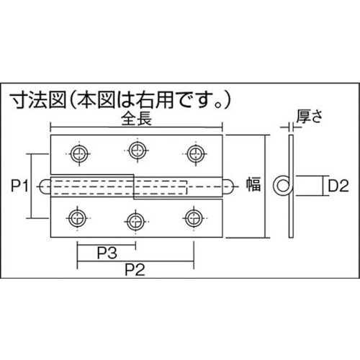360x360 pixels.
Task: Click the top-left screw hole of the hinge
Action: (x=78, y=153)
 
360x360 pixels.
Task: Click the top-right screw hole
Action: (x=193, y=153)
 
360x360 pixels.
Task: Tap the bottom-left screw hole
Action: (x=78, y=216)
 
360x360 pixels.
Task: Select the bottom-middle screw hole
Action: (x=135, y=219)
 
